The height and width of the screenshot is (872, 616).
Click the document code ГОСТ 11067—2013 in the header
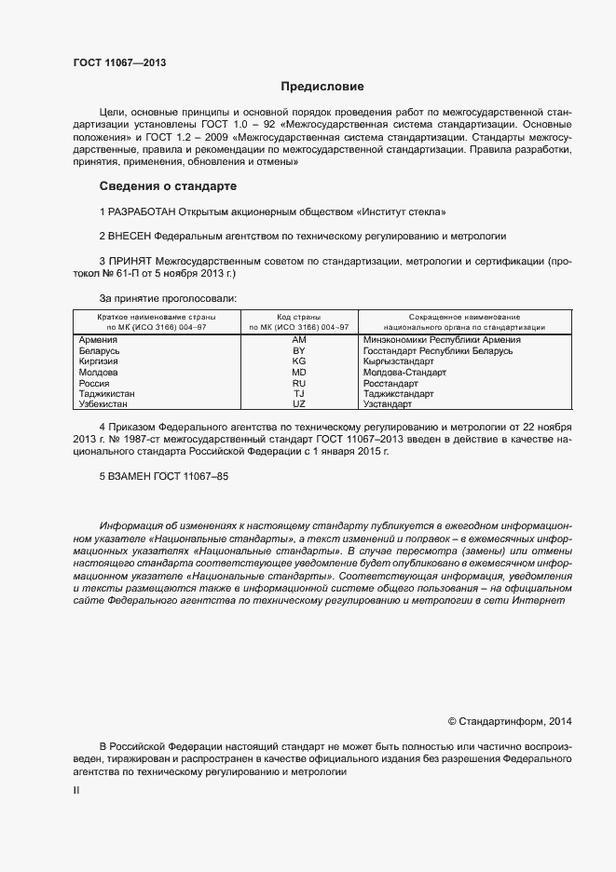click(120, 63)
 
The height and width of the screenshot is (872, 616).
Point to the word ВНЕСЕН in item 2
click(130, 237)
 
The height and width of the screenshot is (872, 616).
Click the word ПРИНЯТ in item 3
click(129, 263)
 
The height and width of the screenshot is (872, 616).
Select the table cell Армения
click(99, 340)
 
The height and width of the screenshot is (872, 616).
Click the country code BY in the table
click(299, 351)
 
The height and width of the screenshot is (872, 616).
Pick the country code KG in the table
click(299, 361)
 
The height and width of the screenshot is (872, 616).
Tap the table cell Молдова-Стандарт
click(404, 373)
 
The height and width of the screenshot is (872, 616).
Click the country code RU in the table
click(299, 383)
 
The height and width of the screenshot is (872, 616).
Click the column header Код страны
click(299, 318)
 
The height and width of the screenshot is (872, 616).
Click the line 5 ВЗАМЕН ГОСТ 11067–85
click(164, 476)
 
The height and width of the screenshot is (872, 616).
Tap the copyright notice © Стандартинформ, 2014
click(510, 720)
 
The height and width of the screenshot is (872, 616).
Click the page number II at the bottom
click(76, 790)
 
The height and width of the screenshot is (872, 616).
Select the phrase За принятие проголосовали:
click(168, 299)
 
